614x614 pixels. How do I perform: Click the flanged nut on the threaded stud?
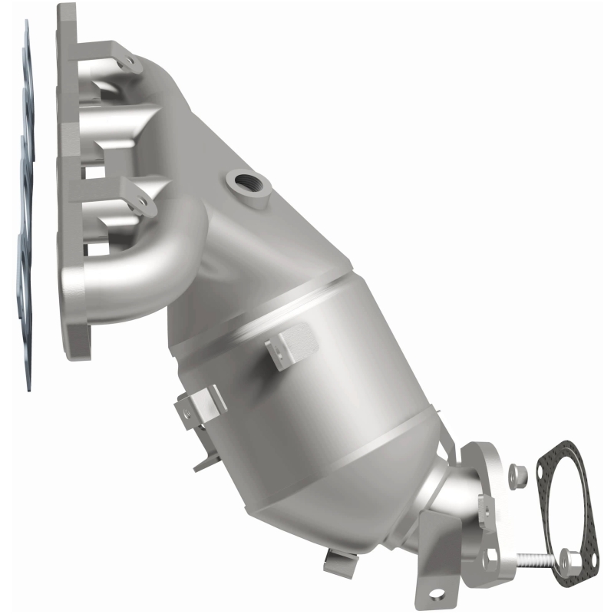(570, 560)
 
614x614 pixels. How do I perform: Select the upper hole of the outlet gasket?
(566, 449)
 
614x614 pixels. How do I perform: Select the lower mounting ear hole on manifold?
(140, 202)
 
